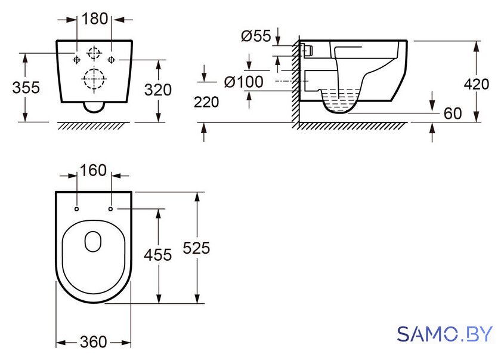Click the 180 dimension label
(95, 19)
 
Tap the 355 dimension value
(26, 88)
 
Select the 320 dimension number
(158, 90)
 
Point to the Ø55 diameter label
(256, 36)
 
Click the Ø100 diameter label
(244, 82)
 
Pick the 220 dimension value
(206, 102)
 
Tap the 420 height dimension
(477, 84)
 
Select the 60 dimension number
(453, 113)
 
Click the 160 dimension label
(93, 170)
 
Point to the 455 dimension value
(158, 255)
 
